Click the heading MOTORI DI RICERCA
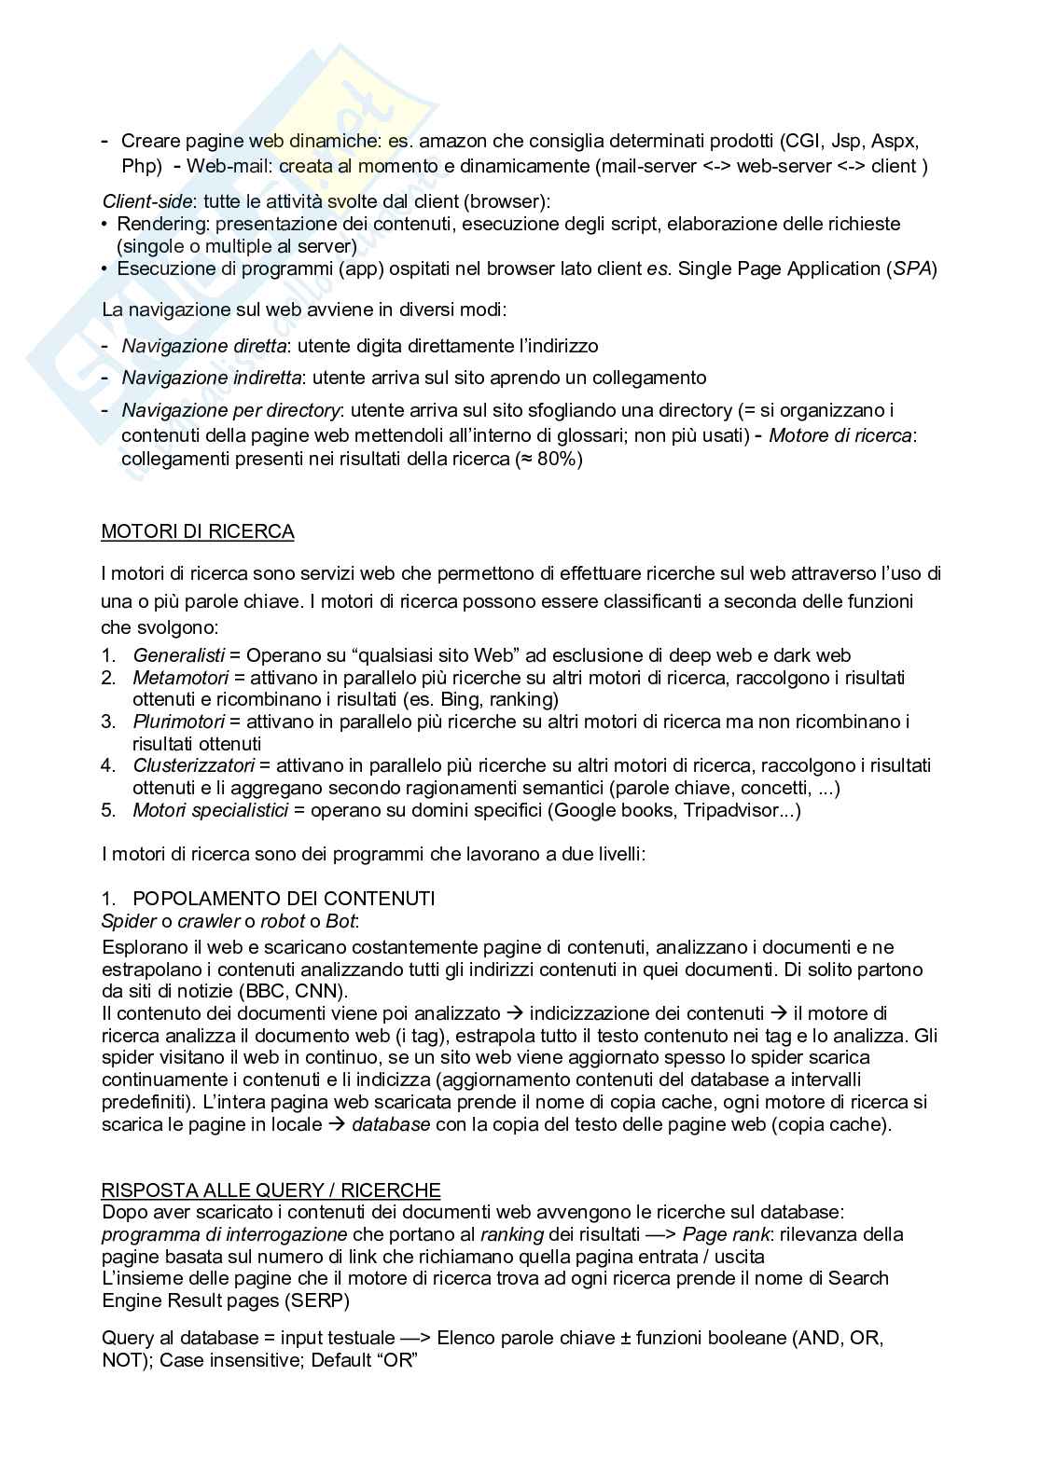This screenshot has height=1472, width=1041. [198, 531]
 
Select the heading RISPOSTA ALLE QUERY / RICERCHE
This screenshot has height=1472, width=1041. [271, 1190]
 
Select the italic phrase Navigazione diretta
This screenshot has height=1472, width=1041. [203, 346]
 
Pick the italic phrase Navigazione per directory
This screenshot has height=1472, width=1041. [230, 410]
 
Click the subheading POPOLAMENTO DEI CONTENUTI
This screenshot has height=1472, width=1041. [284, 899]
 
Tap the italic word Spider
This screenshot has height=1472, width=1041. [129, 921]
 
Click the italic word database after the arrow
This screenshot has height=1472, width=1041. [391, 1123]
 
